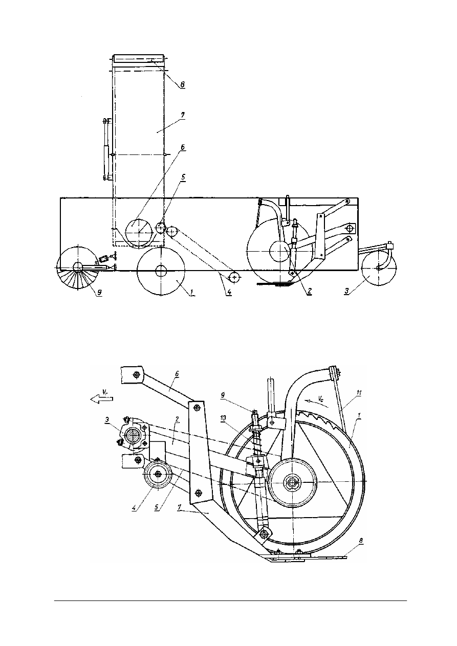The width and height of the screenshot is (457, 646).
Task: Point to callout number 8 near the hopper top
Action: coord(182,84)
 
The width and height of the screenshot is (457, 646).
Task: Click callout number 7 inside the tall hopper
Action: coord(182,115)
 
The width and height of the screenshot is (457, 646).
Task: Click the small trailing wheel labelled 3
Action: coord(379,268)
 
